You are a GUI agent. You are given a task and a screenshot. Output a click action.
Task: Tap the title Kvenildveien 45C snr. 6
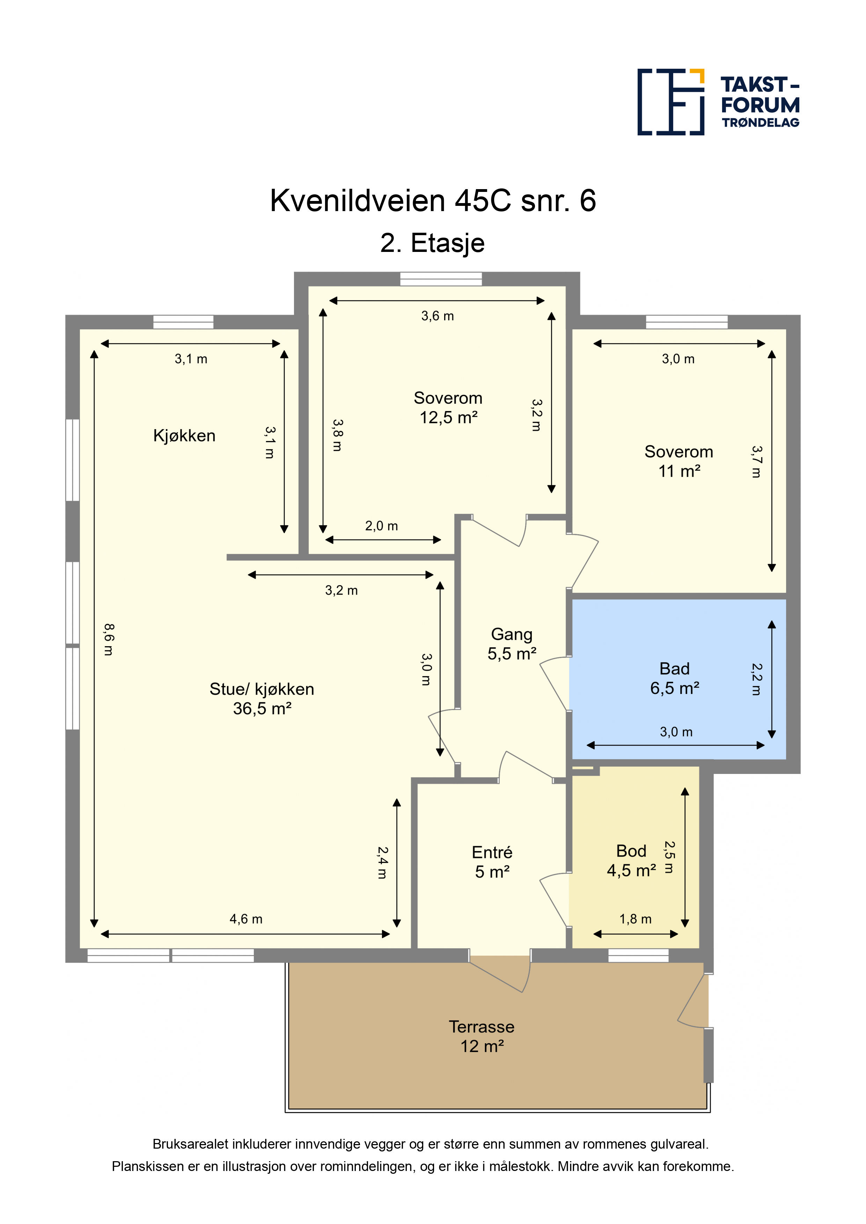[x=433, y=201]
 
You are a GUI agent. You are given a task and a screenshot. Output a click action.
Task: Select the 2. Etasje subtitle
[x=432, y=243]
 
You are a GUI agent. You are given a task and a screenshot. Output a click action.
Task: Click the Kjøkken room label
[x=184, y=435]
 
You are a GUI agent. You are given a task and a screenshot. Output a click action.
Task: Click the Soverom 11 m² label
[x=679, y=461]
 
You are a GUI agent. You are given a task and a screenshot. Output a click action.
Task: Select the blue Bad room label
[x=674, y=678]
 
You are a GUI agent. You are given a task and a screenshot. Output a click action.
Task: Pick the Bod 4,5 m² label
[x=631, y=860]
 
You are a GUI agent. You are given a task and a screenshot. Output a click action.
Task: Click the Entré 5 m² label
[x=492, y=862]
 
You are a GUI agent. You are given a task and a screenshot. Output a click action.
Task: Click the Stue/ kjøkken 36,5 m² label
[x=262, y=699]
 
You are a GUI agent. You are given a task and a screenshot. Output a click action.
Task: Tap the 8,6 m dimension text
[x=108, y=639]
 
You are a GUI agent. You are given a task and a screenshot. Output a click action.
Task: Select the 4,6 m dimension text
[x=246, y=919]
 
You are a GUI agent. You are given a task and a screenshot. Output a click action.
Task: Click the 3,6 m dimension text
[x=438, y=316]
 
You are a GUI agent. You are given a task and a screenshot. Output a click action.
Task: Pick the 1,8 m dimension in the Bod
[x=636, y=919]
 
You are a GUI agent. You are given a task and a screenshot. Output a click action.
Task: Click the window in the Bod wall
[x=638, y=955]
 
